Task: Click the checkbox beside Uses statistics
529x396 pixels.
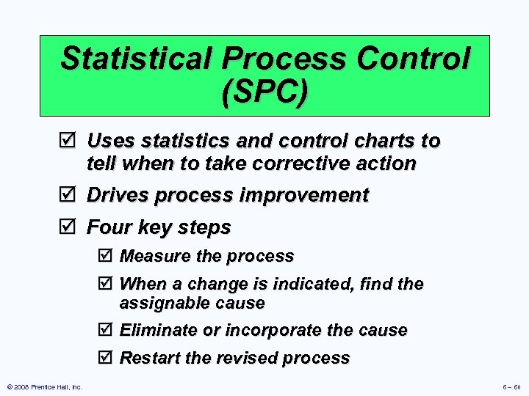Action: [x=71, y=141]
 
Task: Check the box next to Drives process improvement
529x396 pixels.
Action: [x=71, y=196]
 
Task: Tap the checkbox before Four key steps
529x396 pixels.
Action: [x=71, y=228]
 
